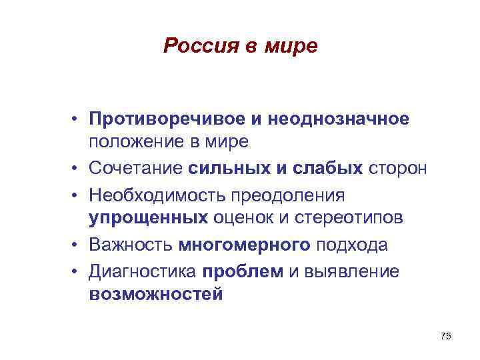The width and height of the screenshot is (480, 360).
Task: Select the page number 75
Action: pyautogui.click(x=446, y=337)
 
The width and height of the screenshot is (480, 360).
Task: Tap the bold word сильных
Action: pyautogui.click(x=225, y=167)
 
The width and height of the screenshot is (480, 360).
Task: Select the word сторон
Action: pyautogui.click(x=398, y=167)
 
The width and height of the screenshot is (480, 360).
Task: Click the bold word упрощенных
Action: pyautogui.click(x=148, y=219)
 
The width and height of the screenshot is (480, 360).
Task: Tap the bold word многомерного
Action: pyautogui.click(x=244, y=245)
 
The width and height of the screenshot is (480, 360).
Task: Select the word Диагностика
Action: pyautogui.click(x=143, y=270)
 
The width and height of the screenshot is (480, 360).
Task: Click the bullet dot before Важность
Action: pyautogui.click(x=78, y=245)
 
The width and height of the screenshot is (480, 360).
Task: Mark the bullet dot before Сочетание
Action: pyautogui.click(x=78, y=167)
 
